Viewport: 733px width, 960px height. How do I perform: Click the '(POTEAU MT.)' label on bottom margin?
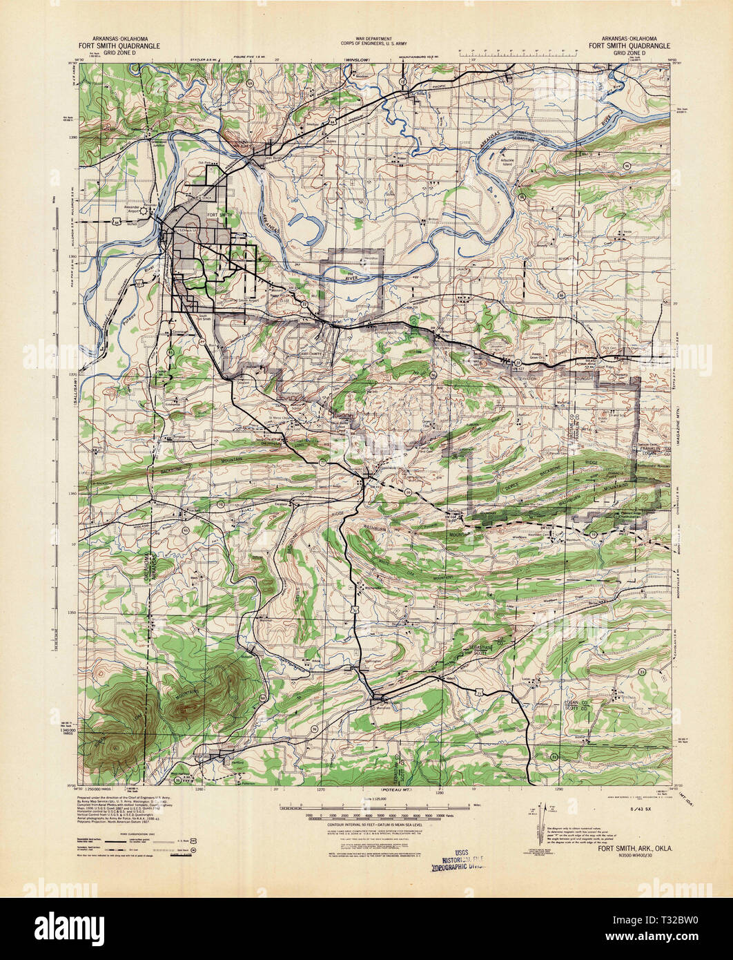coord(397,788)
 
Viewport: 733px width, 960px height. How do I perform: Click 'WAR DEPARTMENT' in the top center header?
coord(375,39)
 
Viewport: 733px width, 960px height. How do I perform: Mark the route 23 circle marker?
coord(518,362)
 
